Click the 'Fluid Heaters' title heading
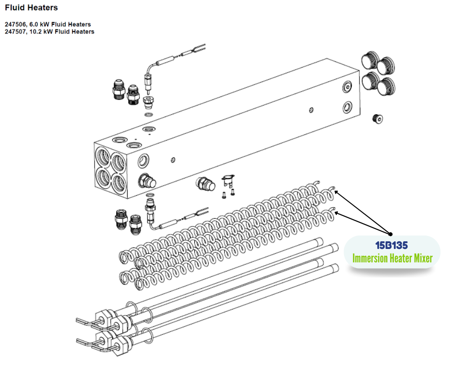pyautogui.click(x=31, y=8)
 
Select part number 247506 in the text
pyautogui.click(x=15, y=24)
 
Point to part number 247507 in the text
pyautogui.click(x=15, y=32)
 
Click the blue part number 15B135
pyautogui.click(x=392, y=246)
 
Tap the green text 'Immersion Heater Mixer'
pyautogui.click(x=392, y=258)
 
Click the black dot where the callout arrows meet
pyautogui.click(x=391, y=234)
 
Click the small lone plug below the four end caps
pyautogui.click(x=378, y=119)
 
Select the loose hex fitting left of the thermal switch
pyautogui.click(x=206, y=184)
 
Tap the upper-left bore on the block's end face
pyautogui.click(x=103, y=157)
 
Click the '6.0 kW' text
pyautogui.click(x=40, y=24)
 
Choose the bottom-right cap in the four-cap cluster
pyautogui.click(x=386, y=86)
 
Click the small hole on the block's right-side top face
pyautogui.click(x=311, y=110)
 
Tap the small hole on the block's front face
pyautogui.click(x=173, y=160)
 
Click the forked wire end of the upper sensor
pyautogui.click(x=200, y=48)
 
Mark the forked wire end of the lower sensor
pyautogui.click(x=202, y=211)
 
